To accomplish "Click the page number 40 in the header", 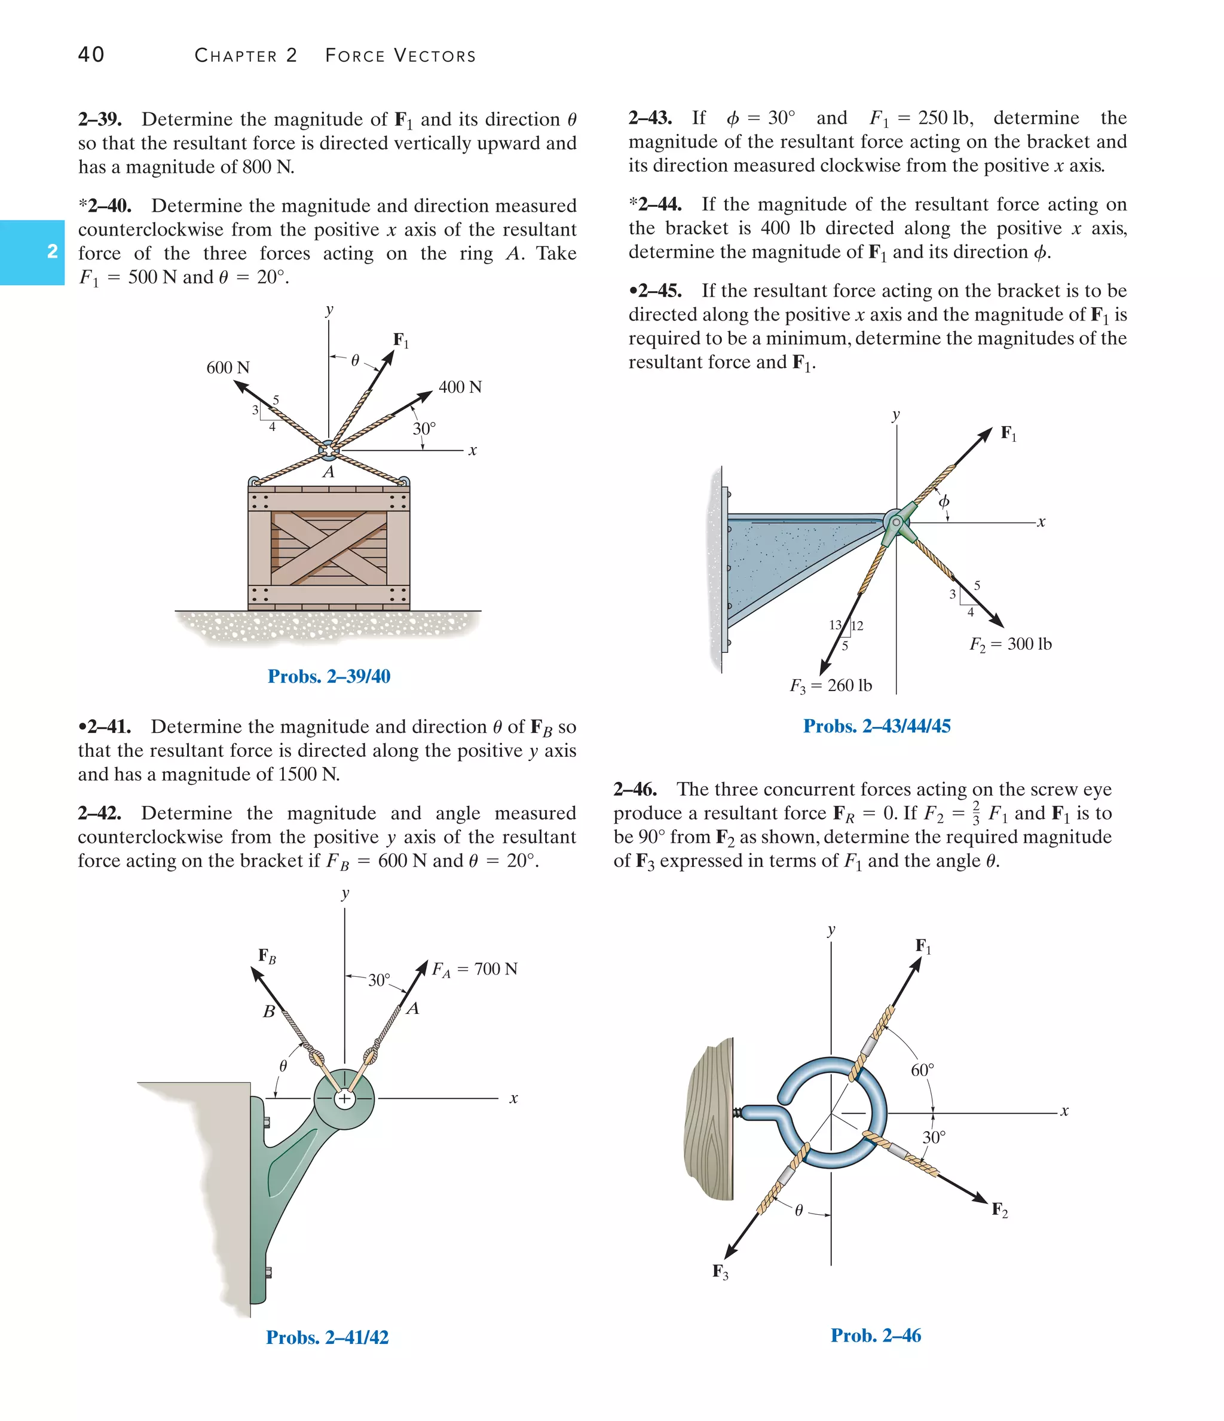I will [x=91, y=55].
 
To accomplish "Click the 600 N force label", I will [x=228, y=368].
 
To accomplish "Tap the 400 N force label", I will [x=460, y=387].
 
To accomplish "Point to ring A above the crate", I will [x=329, y=451].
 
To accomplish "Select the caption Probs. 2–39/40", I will [x=329, y=676].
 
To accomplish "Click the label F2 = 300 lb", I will [x=1010, y=644].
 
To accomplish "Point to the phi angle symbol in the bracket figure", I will [x=944, y=502].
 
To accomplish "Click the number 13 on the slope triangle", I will [x=834, y=625].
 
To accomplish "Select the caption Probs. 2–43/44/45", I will [x=876, y=726].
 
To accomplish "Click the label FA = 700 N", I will [x=475, y=969].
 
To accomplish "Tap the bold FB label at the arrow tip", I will [x=267, y=956].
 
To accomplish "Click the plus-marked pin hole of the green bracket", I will [x=344, y=1099].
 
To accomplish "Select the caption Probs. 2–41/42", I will [x=327, y=1337].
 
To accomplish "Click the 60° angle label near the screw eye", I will [x=922, y=1070].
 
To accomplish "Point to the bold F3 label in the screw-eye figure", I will [x=720, y=1272].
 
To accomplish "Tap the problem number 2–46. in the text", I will [x=635, y=789].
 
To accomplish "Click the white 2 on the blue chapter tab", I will [x=52, y=252].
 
